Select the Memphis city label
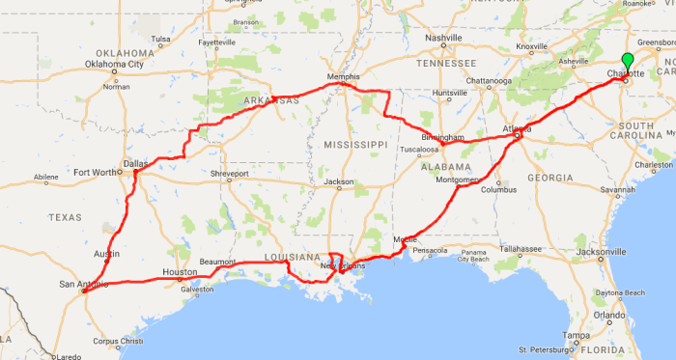click(343, 76)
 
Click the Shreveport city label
click(229, 174)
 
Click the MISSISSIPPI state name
click(355, 144)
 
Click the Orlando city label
click(610, 315)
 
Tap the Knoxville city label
click(532, 46)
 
